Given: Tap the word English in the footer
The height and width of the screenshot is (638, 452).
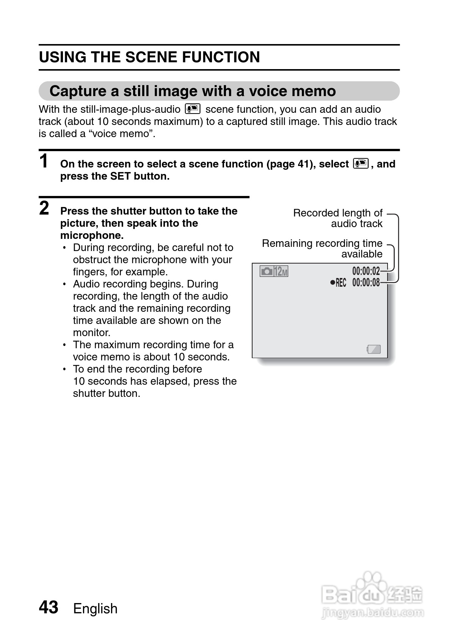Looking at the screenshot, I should click(x=95, y=608).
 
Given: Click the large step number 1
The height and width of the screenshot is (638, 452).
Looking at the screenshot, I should click(x=45, y=161).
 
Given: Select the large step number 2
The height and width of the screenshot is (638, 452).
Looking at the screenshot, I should click(x=44, y=208).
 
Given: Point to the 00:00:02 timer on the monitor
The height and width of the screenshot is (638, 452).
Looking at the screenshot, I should click(x=366, y=271).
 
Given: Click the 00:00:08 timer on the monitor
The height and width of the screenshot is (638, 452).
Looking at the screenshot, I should click(x=366, y=283).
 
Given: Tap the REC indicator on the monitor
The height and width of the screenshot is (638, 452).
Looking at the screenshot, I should click(x=339, y=283).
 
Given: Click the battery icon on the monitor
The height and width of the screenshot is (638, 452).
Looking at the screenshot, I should click(x=374, y=349).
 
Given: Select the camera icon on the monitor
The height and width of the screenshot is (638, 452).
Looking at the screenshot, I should click(x=267, y=271).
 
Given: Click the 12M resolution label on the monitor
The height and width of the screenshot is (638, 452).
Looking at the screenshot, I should click(x=281, y=272).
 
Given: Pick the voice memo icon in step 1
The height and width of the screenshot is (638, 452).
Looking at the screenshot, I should click(x=360, y=164).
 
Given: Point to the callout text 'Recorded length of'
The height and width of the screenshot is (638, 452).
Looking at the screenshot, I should click(x=337, y=213).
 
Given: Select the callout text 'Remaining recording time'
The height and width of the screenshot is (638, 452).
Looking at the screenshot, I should click(x=322, y=243).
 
